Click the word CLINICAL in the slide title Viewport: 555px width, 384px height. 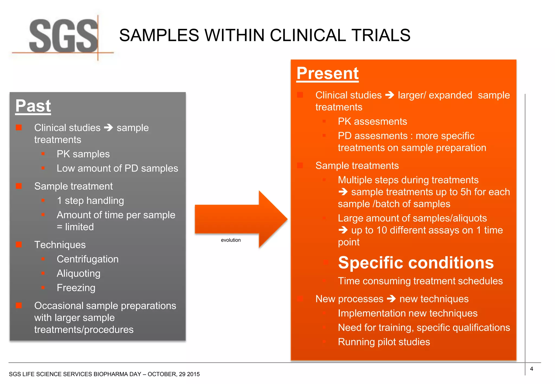[308, 35]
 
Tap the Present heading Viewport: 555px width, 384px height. [327, 73]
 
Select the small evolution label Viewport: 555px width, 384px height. [231, 240]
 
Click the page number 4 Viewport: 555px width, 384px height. [531, 369]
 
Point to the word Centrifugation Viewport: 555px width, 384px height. [88, 259]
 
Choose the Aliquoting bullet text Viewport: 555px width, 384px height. [78, 274]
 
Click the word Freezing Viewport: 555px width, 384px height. [76, 288]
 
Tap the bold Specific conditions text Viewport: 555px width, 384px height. [416, 263]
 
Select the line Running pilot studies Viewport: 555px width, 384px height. [384, 342]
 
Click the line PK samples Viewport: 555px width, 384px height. [83, 154]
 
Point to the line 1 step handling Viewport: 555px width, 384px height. [90, 201]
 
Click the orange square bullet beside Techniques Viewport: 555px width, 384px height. [19, 245]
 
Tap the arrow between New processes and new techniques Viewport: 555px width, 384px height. [391, 299]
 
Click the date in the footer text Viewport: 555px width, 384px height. [173, 374]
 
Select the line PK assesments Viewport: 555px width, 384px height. [372, 122]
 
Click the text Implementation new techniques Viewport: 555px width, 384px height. [407, 313]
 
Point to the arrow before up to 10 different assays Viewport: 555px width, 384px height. [343, 230]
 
